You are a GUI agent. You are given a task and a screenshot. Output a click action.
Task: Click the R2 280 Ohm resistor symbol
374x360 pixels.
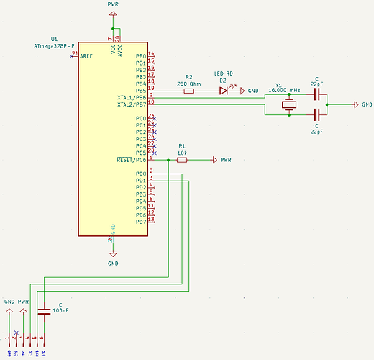(189, 91)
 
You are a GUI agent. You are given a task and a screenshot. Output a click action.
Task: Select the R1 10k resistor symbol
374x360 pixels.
(182, 160)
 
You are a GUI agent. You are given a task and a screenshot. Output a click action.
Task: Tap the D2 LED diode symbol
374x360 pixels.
(224, 91)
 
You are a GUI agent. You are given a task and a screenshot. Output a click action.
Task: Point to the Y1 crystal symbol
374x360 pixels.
(289, 105)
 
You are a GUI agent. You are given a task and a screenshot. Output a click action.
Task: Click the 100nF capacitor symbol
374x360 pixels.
(43, 311)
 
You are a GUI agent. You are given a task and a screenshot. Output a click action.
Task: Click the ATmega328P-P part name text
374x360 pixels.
(55, 45)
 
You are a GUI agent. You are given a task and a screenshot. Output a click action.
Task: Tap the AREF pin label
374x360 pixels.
(86, 56)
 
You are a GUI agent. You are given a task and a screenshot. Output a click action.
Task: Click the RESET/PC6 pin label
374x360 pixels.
(131, 160)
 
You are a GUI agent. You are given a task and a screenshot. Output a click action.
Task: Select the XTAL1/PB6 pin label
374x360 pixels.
(131, 97)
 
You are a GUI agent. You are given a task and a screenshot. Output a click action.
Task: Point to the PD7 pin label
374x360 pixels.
(140, 222)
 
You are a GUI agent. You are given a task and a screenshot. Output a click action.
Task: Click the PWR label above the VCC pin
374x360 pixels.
(113, 4)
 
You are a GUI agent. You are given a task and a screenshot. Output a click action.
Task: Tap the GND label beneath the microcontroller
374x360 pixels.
(113, 264)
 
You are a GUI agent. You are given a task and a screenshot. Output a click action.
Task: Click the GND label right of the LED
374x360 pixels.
(253, 91)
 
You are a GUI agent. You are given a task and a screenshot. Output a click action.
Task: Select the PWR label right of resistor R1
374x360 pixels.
(226, 160)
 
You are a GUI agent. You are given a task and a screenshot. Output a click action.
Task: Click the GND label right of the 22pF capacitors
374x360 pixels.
(367, 105)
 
